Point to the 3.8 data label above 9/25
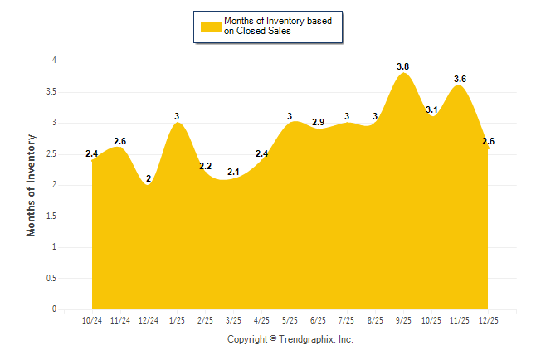[x=403, y=66]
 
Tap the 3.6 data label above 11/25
[x=460, y=79]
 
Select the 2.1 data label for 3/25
[x=233, y=172]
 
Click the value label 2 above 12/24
[x=149, y=178]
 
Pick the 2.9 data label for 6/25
[x=318, y=122]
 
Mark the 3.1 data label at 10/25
[x=431, y=109]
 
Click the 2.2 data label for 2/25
[x=205, y=167]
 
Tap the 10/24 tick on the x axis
[x=92, y=320]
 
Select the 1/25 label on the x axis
[x=177, y=320]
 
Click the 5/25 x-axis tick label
[x=290, y=320]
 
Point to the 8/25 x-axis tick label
[x=375, y=320]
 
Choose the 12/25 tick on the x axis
[x=488, y=320]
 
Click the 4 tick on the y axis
[x=54, y=61]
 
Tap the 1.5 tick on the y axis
[x=51, y=216]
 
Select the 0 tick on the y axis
[x=54, y=309]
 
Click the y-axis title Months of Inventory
[x=32, y=185]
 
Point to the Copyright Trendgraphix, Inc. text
[x=290, y=339]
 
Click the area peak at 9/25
[x=403, y=74]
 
